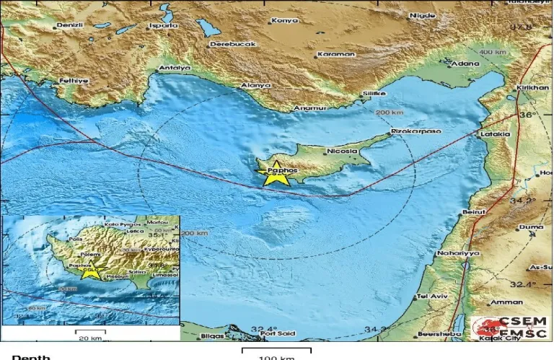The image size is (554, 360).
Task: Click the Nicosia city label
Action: (342, 152)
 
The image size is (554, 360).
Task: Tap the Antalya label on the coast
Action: (175, 69)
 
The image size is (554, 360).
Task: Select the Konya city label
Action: (285, 21)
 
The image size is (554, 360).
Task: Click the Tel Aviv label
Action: (433, 297)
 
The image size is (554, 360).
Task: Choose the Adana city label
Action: (465, 63)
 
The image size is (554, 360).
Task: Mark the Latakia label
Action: (495, 134)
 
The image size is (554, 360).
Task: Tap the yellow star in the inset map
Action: (90, 271)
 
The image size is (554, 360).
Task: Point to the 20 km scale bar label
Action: (90, 338)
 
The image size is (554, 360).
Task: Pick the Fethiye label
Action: (74, 81)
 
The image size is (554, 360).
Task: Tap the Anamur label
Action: (311, 109)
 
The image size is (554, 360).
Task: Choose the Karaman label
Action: (337, 54)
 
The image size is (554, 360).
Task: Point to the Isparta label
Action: (163, 25)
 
